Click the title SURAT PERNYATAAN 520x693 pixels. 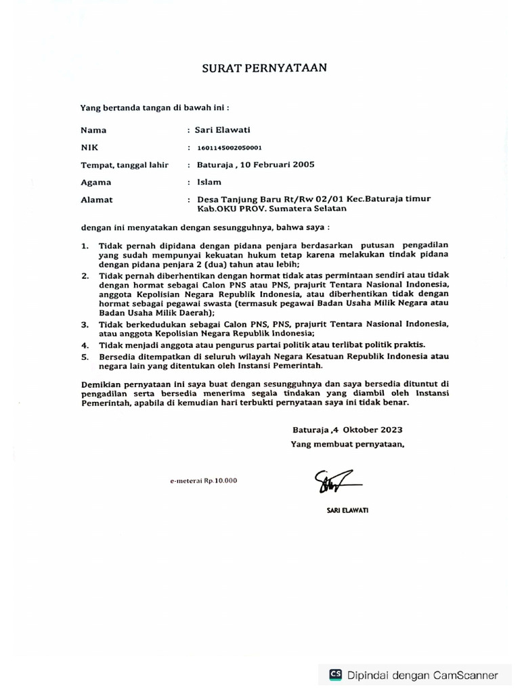265,68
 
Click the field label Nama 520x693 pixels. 93,130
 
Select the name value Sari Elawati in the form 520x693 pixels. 223,130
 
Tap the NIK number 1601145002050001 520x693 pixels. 230,148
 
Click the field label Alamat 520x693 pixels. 96,200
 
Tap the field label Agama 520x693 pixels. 95,182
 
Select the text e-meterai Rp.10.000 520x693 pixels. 204,480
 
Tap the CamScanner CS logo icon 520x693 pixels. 335,675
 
